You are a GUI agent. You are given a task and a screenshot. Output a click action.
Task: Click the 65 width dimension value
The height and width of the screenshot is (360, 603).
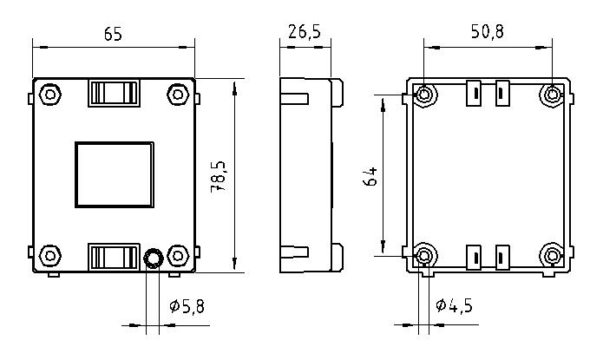112,34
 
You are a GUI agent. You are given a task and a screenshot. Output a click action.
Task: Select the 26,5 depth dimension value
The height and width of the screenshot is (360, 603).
304,32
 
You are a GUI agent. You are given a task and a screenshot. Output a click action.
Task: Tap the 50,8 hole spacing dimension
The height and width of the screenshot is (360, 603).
487,32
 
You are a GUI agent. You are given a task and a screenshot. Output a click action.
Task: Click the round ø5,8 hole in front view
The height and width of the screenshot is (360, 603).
153,258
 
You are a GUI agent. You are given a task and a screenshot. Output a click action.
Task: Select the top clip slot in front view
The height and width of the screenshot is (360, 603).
114,93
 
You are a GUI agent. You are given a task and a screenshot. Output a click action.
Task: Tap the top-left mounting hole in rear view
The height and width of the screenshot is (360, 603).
424,95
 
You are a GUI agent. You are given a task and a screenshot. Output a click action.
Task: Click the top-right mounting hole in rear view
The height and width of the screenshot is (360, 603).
553,95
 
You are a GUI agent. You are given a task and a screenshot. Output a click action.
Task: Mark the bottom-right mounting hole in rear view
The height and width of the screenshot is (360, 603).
553,255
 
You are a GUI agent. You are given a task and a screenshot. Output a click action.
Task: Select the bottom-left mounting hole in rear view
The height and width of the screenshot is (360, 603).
424,255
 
